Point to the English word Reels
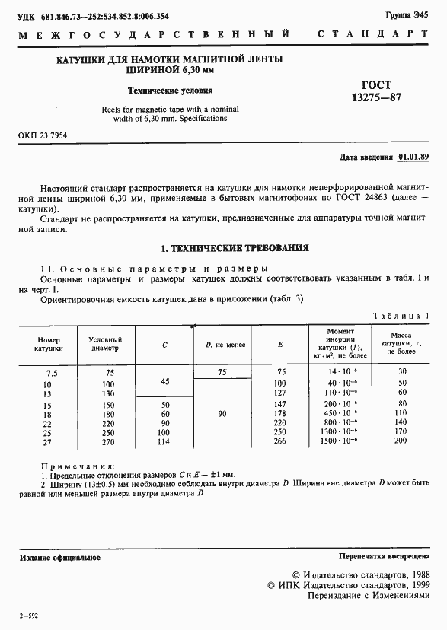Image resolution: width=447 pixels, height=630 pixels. click(x=113, y=109)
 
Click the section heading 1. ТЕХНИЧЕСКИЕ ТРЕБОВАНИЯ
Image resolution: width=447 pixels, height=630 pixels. click(x=235, y=248)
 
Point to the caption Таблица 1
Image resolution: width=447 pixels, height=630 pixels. click(x=401, y=316)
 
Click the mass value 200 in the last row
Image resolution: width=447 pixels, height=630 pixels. click(x=401, y=441)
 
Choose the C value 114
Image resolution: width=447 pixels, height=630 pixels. click(x=165, y=441)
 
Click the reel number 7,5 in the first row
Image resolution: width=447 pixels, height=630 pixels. click(x=52, y=373)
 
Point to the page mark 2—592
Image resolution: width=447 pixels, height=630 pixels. click(x=28, y=614)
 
